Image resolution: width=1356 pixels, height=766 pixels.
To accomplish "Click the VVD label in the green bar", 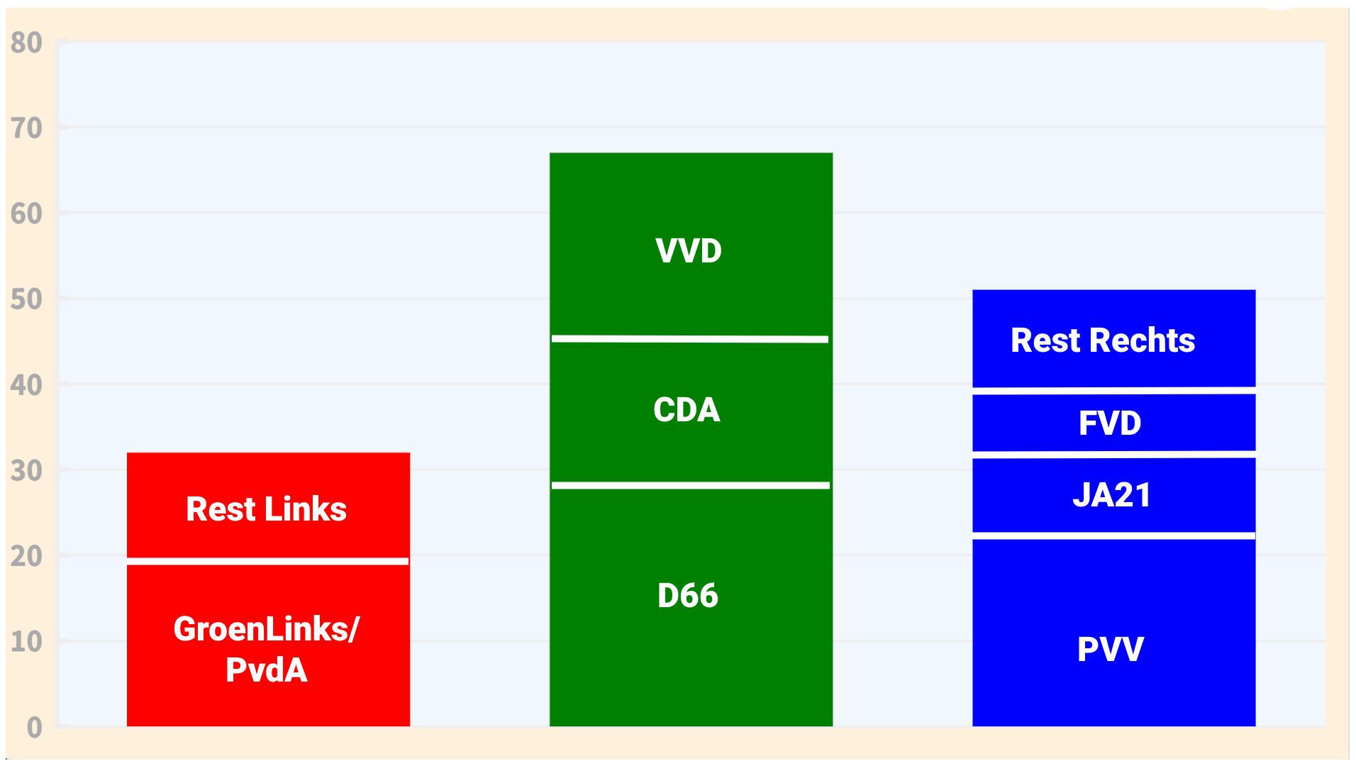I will [x=688, y=251].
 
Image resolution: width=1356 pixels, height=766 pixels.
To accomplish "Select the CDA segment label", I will [x=687, y=410].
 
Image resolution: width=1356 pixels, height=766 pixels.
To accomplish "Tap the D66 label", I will [x=687, y=595].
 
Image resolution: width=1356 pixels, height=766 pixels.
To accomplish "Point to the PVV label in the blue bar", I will [x=1110, y=649].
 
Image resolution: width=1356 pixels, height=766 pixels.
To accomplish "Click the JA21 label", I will [x=1111, y=495].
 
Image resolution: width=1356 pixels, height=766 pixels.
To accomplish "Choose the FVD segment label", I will [x=1110, y=423].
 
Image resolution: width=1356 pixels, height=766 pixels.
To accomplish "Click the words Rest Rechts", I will [x=1102, y=340].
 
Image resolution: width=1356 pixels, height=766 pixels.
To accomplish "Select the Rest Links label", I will [x=266, y=509].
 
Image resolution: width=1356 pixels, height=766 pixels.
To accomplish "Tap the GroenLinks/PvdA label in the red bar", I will [x=266, y=648].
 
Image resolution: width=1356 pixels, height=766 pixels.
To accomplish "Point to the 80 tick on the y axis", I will [x=27, y=43].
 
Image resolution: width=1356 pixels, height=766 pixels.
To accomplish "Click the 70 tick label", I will [x=27, y=129].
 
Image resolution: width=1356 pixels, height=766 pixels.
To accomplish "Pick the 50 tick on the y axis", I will [x=27, y=300].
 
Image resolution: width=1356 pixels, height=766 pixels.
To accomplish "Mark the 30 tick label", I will [x=27, y=471].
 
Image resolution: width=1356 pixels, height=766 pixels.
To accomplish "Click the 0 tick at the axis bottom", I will [x=34, y=728].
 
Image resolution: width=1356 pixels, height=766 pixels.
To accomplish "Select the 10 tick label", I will [x=27, y=642].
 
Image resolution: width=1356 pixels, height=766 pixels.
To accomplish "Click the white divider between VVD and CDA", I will [x=690, y=339].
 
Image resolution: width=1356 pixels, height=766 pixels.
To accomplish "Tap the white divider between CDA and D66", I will [x=690, y=485].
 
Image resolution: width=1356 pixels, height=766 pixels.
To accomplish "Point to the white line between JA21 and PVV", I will [x=1113, y=535].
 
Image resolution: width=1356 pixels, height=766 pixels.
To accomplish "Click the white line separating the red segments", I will [x=267, y=561].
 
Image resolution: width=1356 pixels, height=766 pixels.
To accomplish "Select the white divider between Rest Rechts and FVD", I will [x=1113, y=390].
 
